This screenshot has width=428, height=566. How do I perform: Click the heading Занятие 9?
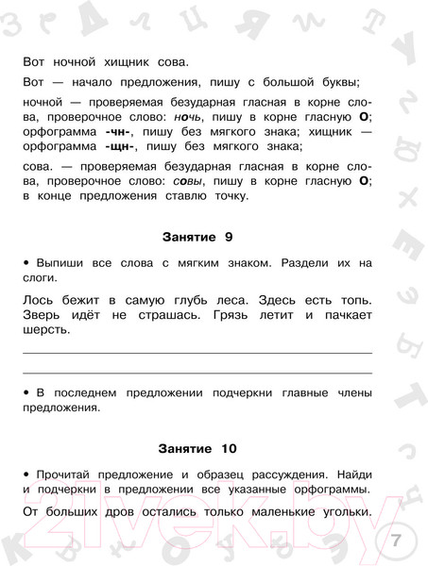pos(197,235)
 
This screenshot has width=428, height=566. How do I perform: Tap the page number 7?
pos(396,541)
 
